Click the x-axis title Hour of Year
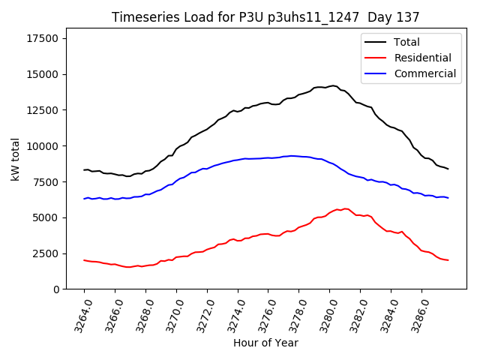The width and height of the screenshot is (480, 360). point(265,343)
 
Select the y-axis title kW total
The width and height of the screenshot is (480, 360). point(16,159)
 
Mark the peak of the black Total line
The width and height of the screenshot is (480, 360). point(333,85)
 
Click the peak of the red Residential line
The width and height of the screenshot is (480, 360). point(344,208)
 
